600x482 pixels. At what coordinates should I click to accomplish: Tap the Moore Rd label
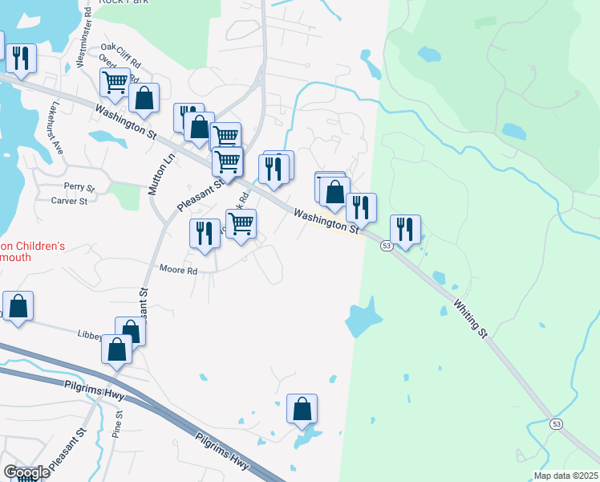coord(178,271)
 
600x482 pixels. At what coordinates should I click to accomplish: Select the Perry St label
coord(80,188)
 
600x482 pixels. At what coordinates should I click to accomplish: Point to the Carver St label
coord(70,201)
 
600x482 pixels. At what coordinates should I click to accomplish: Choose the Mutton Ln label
coord(169,170)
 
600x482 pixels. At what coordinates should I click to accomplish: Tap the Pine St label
coord(118,423)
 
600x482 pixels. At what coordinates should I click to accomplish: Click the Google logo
coord(26,472)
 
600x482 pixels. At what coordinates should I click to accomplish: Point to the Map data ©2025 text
coord(565,476)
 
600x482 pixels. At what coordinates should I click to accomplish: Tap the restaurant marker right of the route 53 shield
coord(405,229)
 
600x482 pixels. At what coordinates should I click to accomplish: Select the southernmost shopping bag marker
coord(302,408)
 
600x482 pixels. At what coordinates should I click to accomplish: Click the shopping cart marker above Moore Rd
coord(241,223)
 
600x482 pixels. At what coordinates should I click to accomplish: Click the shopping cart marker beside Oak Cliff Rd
coord(116,81)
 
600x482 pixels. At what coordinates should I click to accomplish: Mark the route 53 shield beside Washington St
coord(386,246)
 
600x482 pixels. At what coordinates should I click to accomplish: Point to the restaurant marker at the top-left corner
coord(21,57)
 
